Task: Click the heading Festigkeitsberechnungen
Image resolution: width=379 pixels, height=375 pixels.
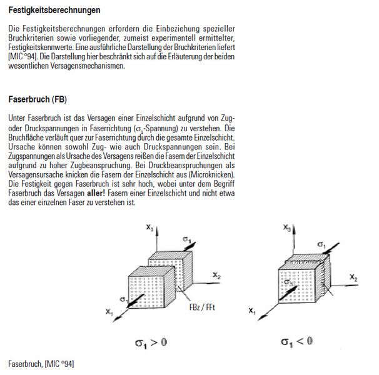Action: (54, 11)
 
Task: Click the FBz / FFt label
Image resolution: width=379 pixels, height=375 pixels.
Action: (202, 307)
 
